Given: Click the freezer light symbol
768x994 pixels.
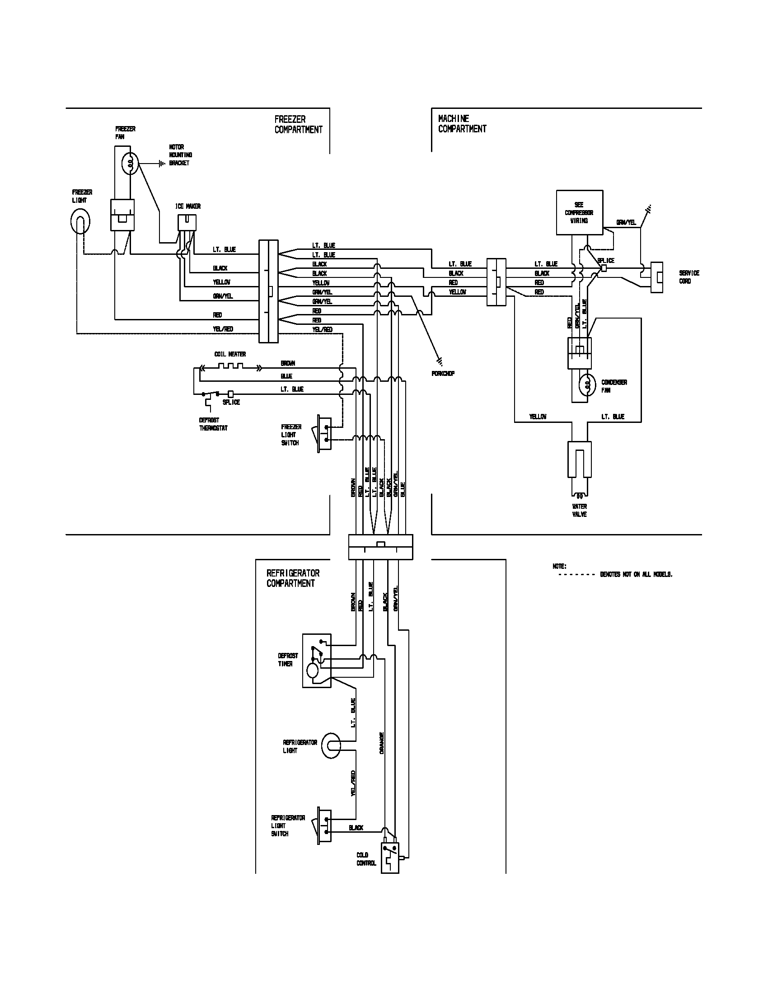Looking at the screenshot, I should coord(80,222).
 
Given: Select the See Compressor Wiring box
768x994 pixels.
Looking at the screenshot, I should coord(580,212).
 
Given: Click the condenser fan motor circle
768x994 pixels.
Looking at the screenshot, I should coord(587,385).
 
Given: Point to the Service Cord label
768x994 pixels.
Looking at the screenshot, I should coord(689,277).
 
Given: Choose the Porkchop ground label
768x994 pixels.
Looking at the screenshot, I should coord(443,374).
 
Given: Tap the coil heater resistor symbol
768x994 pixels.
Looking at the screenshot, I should coord(231,366).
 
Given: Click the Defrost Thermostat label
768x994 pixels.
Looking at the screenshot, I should coord(213,424).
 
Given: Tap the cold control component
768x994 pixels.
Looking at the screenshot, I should coord(390,858).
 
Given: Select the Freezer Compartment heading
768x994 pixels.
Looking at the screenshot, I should coord(298,124).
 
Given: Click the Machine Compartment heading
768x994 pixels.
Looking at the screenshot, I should coord(462,124).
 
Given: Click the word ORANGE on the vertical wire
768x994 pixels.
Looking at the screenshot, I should coord(381,743).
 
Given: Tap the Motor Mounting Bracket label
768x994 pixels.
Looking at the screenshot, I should coord(180,155).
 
